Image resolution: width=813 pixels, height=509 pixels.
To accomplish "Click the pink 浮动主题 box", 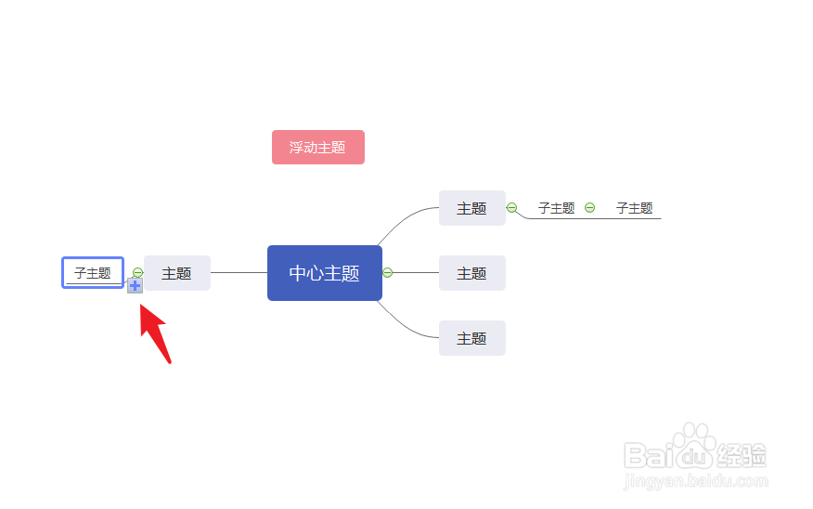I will coord(317,148).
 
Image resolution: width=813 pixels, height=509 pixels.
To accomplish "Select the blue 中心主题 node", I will coord(324,273).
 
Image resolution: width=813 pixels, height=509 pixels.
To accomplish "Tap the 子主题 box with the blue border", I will coord(93,273).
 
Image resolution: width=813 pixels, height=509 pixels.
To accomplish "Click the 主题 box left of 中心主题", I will coord(176,273).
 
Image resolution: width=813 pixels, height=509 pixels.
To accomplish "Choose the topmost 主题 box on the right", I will coord(471,209).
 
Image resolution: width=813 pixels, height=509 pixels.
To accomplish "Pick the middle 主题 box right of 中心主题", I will coord(471,273).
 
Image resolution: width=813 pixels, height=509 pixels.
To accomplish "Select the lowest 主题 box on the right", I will coord(471,338).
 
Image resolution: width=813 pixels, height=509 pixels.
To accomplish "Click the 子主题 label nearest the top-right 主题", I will coord(556,209).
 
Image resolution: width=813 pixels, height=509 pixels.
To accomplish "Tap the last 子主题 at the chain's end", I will coord(634,209).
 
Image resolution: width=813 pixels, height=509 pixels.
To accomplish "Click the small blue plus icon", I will coord(135,286).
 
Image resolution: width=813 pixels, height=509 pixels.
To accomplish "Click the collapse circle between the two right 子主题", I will coord(589,208).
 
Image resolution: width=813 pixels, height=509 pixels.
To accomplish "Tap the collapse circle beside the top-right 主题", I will coord(511,208).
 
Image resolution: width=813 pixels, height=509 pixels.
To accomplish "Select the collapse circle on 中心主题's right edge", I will coord(388,273).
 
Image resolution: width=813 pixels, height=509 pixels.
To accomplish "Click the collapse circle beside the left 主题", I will coord(137,273).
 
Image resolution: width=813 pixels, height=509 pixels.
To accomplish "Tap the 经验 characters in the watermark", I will coord(742,456).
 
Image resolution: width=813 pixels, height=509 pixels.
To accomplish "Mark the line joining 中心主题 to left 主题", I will coord(239,273).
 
